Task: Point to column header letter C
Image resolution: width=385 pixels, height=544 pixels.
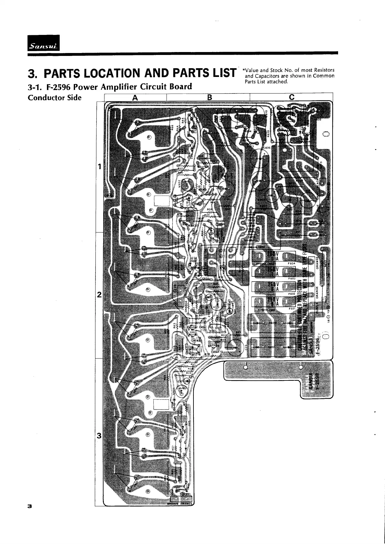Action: coord(292,97)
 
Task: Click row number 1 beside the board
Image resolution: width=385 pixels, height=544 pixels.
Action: coord(99,167)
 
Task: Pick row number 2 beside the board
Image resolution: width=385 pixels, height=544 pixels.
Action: coord(99,295)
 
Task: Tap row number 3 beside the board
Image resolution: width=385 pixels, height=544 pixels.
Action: coord(99,436)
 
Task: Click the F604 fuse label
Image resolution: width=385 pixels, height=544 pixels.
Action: coord(292,263)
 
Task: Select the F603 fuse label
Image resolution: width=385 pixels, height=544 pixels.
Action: coord(292,278)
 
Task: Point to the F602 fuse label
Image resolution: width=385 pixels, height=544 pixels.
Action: coord(292,293)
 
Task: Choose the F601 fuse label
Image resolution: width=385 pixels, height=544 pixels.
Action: coord(292,308)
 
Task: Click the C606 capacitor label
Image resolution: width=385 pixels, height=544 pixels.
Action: coord(267,148)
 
